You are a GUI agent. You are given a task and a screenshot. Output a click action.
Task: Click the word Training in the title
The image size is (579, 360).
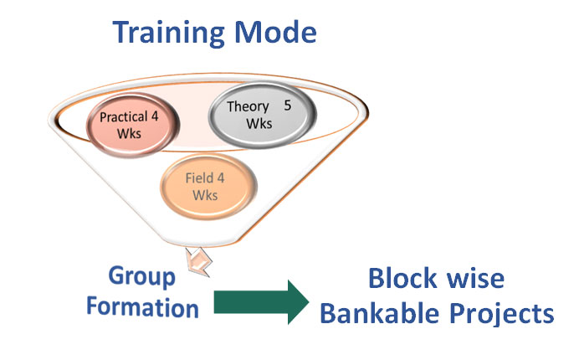pos(168,33)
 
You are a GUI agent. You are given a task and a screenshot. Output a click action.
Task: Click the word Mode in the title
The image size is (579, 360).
pos(275,32)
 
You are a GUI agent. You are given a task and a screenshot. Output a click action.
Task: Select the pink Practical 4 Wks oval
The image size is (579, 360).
pos(133,125)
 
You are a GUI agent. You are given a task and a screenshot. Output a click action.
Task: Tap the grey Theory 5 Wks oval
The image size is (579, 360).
pos(263,115)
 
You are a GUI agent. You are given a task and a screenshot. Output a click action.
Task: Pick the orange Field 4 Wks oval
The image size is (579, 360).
pos(208,187)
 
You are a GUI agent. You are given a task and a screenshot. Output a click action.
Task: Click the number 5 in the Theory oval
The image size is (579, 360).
pos(288,105)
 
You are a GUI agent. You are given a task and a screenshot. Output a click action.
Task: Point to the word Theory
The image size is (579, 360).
pos(248,107)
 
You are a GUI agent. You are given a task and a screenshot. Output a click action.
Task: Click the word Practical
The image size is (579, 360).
pos(124,117)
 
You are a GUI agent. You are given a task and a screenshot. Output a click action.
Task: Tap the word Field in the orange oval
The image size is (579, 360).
pos(199,178)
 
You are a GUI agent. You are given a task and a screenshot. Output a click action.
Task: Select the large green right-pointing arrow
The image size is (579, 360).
pos(261,302)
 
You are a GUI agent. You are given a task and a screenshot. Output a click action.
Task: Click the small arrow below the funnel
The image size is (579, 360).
pos(198,262)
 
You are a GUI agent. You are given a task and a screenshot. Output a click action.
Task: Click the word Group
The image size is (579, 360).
pos(141,277)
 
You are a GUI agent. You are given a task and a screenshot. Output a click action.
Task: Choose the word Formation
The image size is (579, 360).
pos(142,307)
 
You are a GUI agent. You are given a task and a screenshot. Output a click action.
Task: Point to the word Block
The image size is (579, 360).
pos(402,278)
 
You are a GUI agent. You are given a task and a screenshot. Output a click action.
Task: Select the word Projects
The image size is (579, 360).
pos(502,314)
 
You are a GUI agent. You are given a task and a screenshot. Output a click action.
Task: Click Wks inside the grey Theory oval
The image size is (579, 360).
pos(259,123)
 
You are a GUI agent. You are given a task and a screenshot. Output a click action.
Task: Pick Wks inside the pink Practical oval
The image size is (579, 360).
pos(129,133)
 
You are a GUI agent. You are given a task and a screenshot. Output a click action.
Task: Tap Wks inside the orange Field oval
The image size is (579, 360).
pos(205,195)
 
